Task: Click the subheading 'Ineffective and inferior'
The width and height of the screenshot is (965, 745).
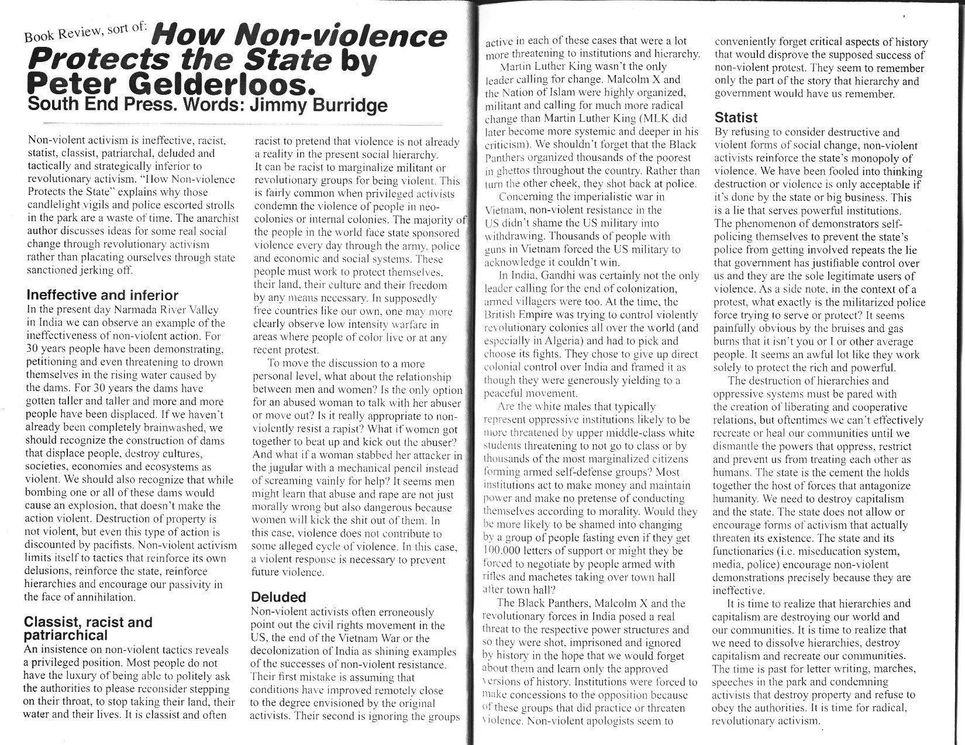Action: pyautogui.click(x=102, y=296)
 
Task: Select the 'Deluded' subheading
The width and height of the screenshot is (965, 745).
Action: pyautogui.click(x=278, y=598)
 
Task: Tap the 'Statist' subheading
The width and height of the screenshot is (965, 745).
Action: pyautogui.click(x=736, y=118)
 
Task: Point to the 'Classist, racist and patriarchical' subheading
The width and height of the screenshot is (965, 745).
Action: pyautogui.click(x=88, y=629)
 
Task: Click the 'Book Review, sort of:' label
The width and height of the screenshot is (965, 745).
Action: pyautogui.click(x=86, y=30)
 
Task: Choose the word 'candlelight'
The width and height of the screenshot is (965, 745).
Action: pyautogui.click(x=54, y=205)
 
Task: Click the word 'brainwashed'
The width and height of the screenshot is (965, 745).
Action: pyautogui.click(x=169, y=428)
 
